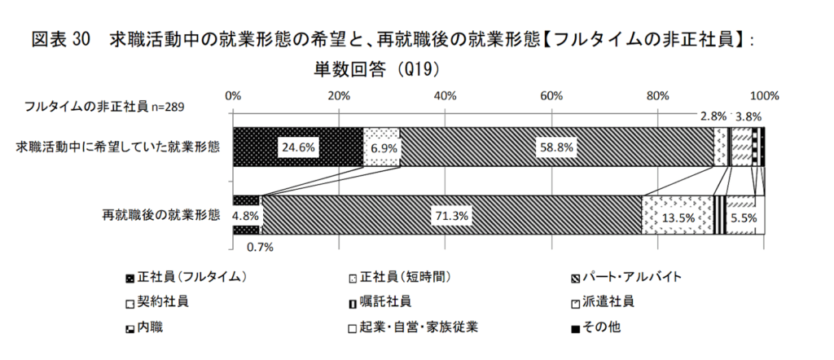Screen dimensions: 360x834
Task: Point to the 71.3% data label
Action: tap(450, 217)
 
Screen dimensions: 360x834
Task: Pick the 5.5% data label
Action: tap(744, 217)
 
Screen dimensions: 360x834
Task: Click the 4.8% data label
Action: tap(245, 217)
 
